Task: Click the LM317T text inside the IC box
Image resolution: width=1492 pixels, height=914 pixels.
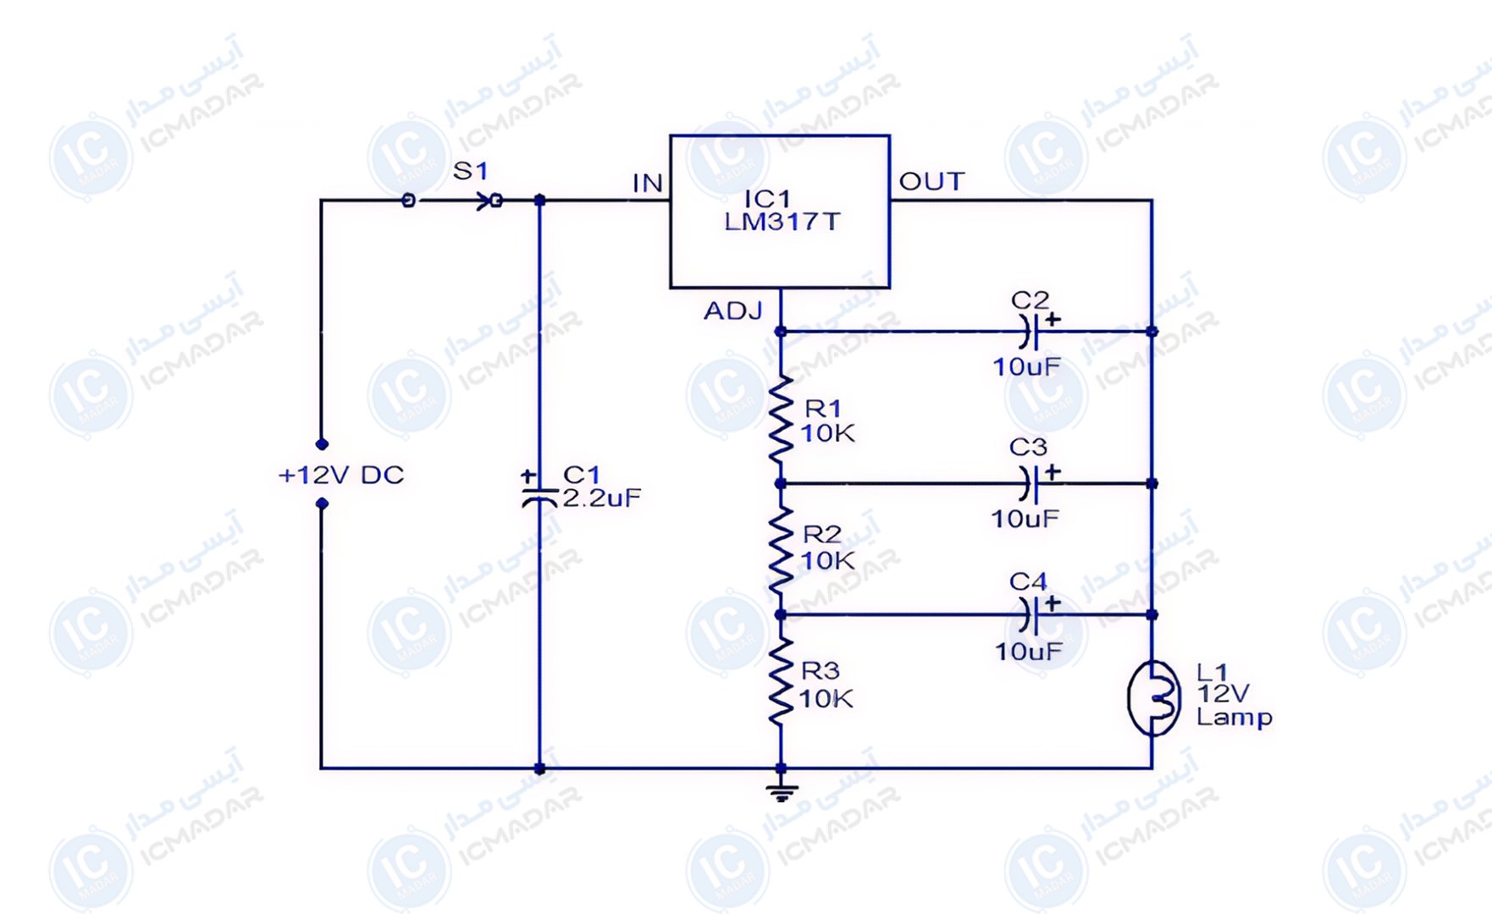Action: click(782, 222)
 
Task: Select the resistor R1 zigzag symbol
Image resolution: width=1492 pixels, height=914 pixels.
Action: click(781, 419)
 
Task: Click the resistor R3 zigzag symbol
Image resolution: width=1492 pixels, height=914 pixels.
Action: click(781, 682)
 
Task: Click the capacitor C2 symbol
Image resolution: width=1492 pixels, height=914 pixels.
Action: click(1030, 331)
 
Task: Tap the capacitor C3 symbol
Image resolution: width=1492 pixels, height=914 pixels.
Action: click(1030, 483)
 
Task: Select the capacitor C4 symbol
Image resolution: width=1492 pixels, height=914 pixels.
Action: click(1030, 614)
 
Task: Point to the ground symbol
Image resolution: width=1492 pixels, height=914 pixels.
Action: click(781, 793)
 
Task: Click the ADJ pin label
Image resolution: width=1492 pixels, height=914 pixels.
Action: click(733, 311)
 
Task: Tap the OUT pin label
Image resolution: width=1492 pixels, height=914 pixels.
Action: click(931, 181)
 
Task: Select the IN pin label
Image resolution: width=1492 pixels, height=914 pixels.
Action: click(648, 183)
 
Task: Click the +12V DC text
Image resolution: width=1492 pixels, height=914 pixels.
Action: click(341, 475)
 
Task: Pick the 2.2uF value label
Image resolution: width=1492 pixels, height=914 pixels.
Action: click(601, 498)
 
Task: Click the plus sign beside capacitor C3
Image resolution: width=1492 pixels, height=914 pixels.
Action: click(1053, 471)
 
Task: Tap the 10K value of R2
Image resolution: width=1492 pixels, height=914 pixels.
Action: click(827, 560)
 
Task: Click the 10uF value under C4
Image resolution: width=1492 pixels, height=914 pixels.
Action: click(1028, 651)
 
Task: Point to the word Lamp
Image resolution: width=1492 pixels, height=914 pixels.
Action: click(1234, 719)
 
